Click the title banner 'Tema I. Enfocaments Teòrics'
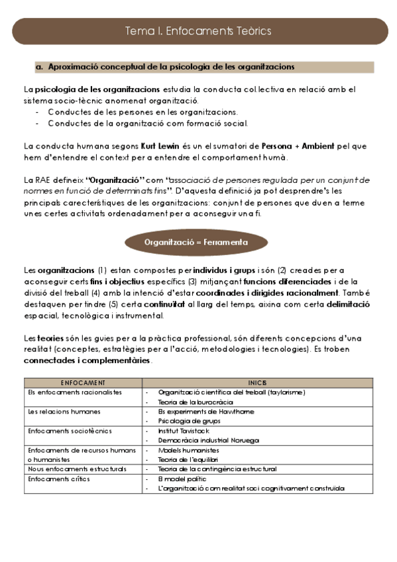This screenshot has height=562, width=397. tap(198, 31)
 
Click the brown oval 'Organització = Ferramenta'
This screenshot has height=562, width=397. tap(196, 243)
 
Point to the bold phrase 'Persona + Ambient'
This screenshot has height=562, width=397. tap(288, 146)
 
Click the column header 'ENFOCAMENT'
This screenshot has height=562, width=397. tap(83, 383)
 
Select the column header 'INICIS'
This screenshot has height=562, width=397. tap(257, 383)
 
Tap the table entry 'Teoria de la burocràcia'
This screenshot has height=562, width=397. tap(196, 402)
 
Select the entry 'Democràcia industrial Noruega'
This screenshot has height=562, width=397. tap(208, 440)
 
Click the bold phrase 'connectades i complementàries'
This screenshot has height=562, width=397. tap(87, 361)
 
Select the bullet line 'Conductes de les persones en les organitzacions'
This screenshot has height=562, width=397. tap(142, 112)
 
